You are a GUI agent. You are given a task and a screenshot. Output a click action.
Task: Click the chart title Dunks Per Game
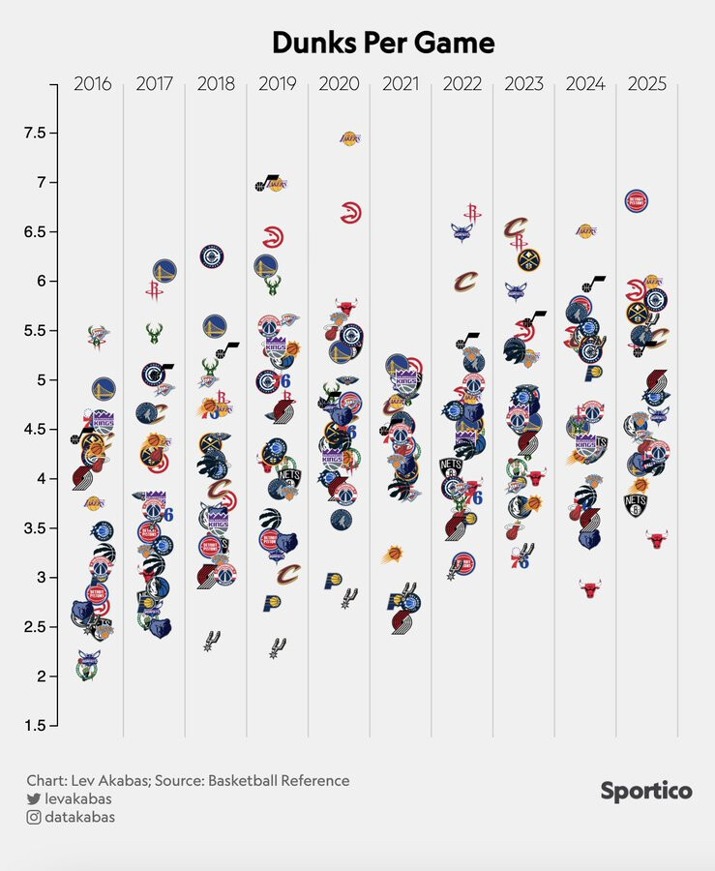pos(382,44)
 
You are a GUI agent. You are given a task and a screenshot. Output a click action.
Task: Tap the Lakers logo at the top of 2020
pos(350,139)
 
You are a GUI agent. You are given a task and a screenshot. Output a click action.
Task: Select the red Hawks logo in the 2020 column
pos(351,213)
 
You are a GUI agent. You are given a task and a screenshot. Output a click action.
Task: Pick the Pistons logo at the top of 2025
pos(638,201)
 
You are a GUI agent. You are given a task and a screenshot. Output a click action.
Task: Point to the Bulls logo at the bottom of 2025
pos(657,539)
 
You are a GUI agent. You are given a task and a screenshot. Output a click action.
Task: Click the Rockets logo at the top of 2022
pos(472,212)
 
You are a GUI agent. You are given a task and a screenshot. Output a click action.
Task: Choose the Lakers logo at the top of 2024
pos(586,231)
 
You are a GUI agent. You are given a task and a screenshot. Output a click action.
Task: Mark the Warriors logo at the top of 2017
pos(164,271)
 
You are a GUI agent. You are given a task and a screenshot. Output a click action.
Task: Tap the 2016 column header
pos(93,84)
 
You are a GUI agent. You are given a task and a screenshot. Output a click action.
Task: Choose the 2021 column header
pos(401,84)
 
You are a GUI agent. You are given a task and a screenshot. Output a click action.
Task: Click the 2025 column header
pos(646,84)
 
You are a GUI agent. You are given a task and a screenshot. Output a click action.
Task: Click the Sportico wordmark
pos(646,792)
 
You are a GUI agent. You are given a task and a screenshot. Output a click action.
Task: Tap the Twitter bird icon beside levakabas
pos(34,799)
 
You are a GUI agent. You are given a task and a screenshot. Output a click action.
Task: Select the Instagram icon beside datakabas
pos(34,818)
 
